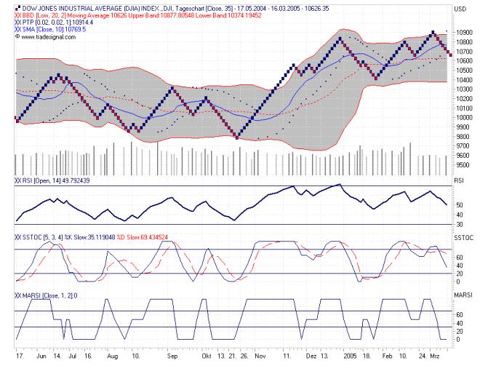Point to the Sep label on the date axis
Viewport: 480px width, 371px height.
click(172, 358)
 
